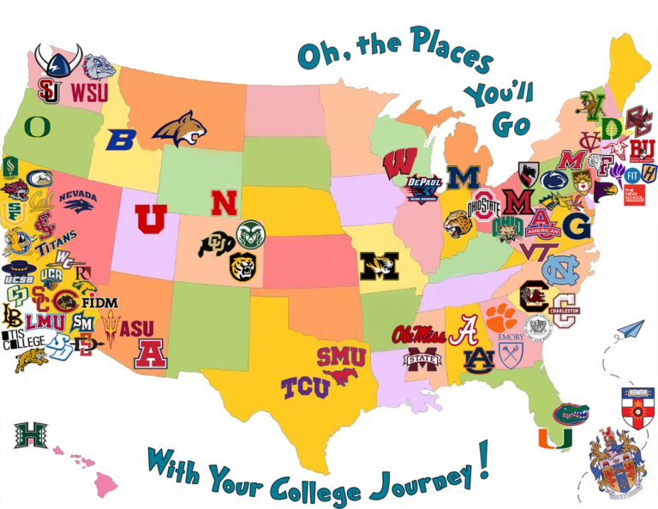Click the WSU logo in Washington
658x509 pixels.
90,92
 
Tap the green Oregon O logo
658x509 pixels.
38,127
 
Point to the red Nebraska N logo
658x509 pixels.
224,203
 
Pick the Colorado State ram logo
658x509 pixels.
251,234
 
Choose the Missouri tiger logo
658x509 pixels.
378,267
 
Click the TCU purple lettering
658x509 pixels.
305,388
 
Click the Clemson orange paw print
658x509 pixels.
502,317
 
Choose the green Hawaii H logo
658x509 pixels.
30,435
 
